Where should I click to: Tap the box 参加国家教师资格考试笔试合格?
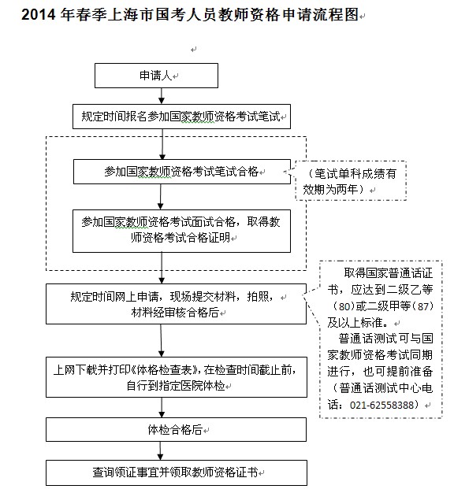[182, 171]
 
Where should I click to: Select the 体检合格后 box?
[175, 430]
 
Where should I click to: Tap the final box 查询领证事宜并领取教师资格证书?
[175, 472]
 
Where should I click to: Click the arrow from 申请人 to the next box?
[162, 95]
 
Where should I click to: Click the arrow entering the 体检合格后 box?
[162, 409]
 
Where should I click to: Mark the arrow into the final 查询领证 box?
[162, 452]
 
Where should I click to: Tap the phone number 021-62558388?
[391, 406]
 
